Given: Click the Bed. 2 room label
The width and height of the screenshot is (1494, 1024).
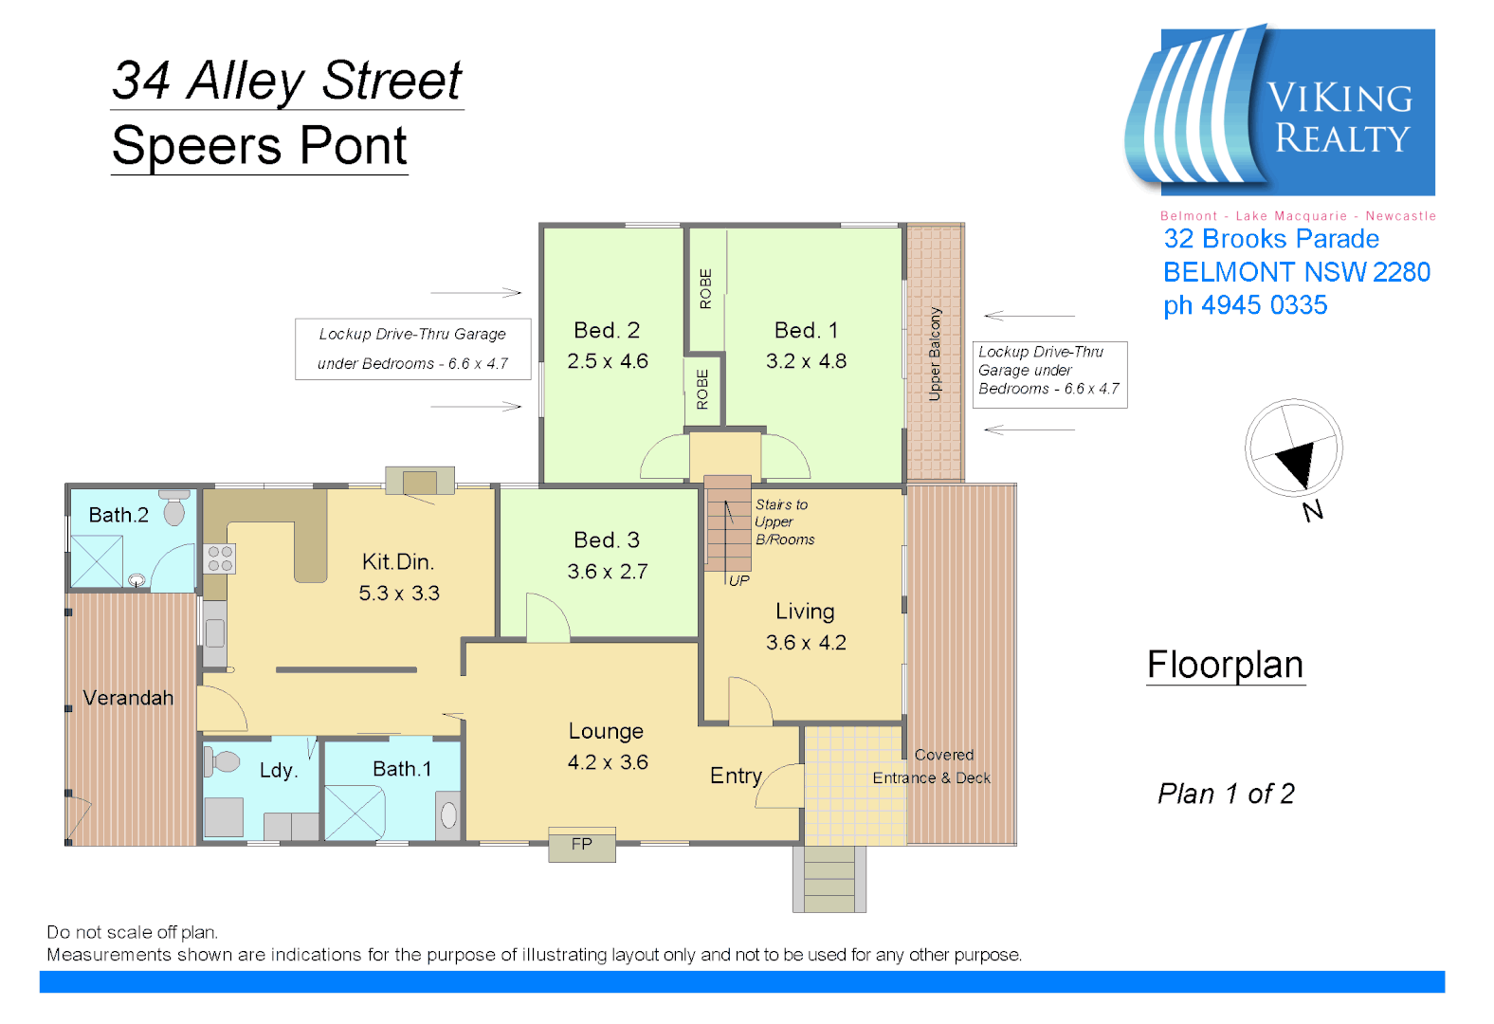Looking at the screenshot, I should (607, 330).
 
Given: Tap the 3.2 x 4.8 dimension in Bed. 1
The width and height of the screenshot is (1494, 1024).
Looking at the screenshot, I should (806, 361).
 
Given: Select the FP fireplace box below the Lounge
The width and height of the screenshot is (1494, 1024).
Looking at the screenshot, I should (582, 844).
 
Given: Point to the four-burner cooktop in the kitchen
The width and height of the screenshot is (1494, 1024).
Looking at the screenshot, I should (220, 558).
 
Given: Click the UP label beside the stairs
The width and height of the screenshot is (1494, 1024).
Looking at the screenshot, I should (739, 580).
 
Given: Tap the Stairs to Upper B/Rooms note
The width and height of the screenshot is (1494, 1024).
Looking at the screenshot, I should (784, 522).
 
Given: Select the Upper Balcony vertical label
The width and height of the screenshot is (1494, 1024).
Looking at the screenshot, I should (935, 354).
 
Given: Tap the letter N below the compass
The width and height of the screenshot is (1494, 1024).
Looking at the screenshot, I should (1313, 512).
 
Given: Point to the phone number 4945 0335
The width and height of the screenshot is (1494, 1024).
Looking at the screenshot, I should (1264, 305).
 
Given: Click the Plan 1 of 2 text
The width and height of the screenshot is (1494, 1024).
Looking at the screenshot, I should (1226, 794).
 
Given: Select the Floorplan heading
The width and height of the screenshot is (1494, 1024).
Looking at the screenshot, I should (1225, 665).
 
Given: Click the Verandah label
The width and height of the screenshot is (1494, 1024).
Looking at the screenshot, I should (128, 698).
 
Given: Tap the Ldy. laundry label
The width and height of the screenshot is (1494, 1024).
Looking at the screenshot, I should (279, 770).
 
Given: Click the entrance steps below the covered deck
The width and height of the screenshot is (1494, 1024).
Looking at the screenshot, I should (829, 879).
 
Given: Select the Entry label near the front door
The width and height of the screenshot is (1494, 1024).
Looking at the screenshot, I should (736, 776).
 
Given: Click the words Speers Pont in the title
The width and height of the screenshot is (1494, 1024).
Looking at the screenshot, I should (259, 146).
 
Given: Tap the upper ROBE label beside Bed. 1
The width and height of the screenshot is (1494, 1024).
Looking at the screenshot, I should (705, 289).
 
